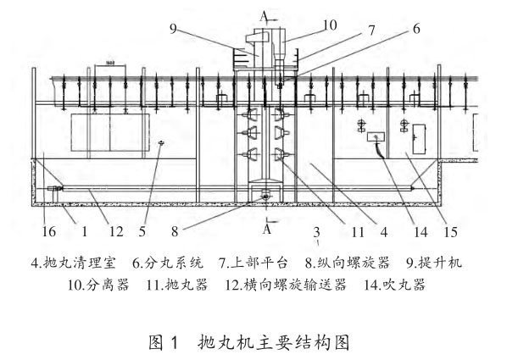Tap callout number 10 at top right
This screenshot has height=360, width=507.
click(330, 25)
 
